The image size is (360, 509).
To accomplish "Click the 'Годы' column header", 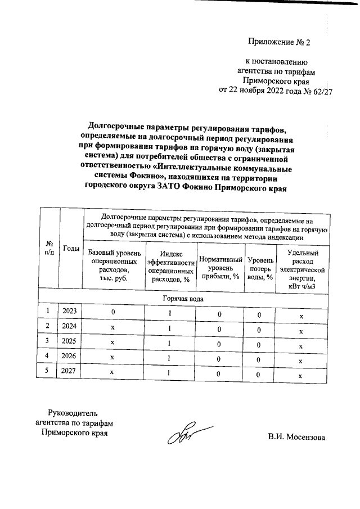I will [71, 248].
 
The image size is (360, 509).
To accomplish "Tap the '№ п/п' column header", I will [49, 248].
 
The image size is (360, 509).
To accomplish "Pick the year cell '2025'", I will [71, 341].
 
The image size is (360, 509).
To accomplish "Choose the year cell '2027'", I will [71, 372].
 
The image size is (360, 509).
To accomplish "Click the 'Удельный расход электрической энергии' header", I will [302, 269].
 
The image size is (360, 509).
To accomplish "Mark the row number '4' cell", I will [48, 357].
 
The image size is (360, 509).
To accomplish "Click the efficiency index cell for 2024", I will [169, 328].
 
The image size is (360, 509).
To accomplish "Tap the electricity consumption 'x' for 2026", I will [301, 361].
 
